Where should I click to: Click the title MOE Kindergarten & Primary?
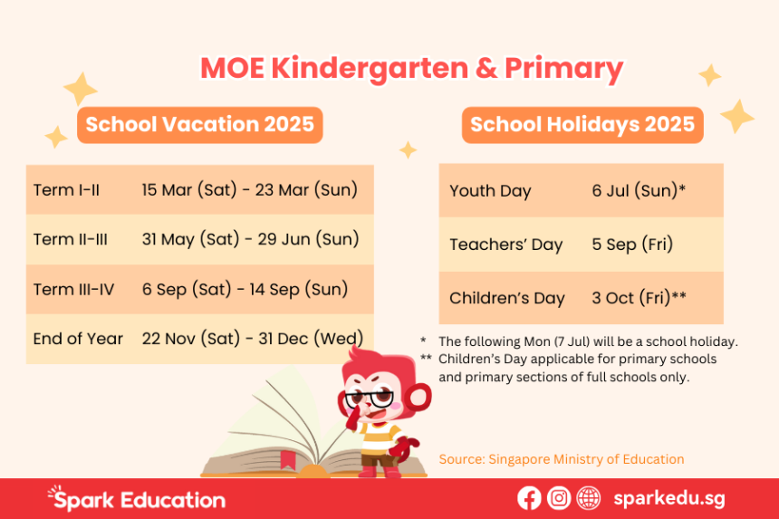tap(411, 69)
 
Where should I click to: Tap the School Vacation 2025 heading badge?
tap(200, 124)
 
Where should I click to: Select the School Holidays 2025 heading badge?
tap(582, 125)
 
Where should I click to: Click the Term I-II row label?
tap(66, 190)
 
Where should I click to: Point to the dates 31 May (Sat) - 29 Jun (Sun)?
tap(250, 239)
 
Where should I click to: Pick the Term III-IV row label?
tap(73, 289)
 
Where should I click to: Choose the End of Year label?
tap(78, 339)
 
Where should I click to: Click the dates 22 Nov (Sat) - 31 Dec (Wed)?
tap(253, 339)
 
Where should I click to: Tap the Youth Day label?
tap(490, 191)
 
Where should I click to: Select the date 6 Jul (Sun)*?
tap(638, 191)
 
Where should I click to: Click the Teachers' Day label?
tap(505, 245)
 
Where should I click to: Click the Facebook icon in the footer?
tap(529, 498)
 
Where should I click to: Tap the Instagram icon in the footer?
tap(559, 498)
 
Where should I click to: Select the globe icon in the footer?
tap(589, 498)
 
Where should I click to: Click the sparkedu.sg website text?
tap(668, 498)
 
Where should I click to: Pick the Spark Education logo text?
tap(137, 499)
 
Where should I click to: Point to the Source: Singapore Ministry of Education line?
tap(562, 459)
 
